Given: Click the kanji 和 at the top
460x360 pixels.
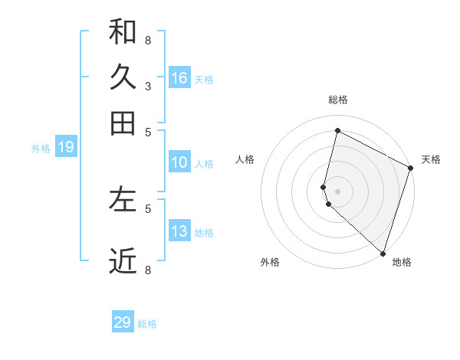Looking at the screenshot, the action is coord(123,32).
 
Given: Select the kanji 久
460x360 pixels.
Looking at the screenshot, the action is coord(123,77).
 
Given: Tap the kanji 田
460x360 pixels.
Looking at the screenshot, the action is coord(123,123).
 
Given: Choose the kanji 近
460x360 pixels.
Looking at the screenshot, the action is coord(123,261).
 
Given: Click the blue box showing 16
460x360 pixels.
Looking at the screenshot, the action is coord(179,77).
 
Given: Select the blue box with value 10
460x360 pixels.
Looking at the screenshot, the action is coord(179,162).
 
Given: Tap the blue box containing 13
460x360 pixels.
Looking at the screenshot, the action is coord(179,231).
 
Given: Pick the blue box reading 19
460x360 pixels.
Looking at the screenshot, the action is coord(66,147).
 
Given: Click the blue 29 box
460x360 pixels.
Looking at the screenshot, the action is coord(123,322).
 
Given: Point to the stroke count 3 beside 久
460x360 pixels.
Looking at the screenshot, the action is coord(147,86).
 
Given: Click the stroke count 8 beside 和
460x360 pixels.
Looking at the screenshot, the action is coord(147,40).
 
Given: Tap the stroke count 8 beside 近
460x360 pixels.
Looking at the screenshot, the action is coord(147,270).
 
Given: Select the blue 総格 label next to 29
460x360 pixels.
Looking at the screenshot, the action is coord(148,324).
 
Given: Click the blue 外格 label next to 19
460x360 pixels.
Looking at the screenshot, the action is coord(41,149).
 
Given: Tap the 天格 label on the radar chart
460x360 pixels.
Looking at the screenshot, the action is coord(431,159).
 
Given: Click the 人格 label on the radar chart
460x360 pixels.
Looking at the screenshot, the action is coord(245,159).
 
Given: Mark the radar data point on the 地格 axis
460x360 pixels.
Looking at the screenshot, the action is coord(383,253).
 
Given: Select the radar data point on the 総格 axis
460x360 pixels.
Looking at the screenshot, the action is coord(337,131).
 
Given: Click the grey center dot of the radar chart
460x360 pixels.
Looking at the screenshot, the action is coord(337,191).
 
